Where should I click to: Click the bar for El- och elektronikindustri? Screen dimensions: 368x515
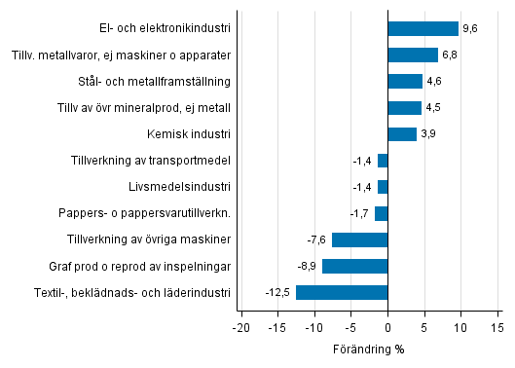pos(423,28)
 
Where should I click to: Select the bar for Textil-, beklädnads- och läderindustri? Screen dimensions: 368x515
pos(342,292)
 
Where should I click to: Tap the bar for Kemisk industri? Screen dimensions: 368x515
pos(402,134)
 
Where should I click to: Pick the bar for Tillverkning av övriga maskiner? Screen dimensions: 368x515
pos(359,239)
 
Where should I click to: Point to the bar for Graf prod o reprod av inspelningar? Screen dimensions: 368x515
pos(354,266)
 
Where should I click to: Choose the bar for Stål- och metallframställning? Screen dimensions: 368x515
pos(405,82)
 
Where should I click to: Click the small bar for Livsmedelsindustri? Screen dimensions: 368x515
pos(383,187)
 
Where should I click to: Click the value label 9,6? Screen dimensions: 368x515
pos(469,29)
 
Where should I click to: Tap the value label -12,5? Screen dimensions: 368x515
pos(277,292)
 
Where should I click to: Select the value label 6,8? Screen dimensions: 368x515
pos(449,55)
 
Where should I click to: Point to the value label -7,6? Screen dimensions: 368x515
pos(316,239)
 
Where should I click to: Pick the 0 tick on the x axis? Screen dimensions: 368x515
pos(387,327)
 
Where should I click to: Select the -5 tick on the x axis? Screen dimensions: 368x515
pos(350,327)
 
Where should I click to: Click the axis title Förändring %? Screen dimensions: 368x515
pos(369,349)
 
